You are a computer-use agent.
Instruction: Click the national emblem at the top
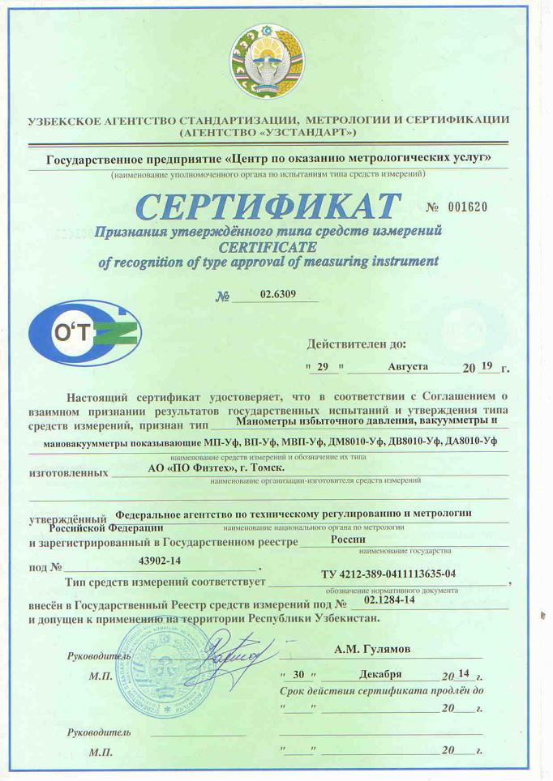[268, 62]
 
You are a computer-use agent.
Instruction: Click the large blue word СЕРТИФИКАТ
[268, 207]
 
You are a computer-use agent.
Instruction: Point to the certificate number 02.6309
[276, 296]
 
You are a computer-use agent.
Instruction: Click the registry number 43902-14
[160, 560]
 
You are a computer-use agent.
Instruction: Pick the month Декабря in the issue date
[381, 674]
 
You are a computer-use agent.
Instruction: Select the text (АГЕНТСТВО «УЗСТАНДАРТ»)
[268, 131]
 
